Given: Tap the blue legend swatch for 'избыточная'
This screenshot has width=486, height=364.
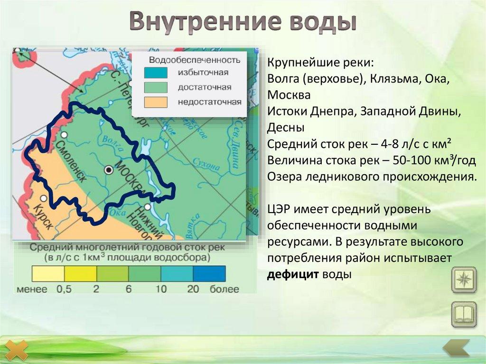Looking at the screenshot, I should coord(156,73).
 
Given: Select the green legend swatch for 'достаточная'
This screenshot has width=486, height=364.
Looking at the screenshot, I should coord(156,87).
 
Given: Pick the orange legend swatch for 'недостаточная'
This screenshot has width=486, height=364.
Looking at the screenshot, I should coord(156,102).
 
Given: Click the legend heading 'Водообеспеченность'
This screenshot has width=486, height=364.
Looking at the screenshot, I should coord(195,60).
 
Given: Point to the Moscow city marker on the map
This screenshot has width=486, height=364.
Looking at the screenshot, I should coord(109,169).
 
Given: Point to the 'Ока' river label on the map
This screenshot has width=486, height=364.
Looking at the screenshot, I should coord(114,214).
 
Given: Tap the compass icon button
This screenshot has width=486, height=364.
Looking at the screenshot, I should coord(463,280).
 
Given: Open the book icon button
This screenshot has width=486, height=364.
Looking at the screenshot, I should coord(463,314).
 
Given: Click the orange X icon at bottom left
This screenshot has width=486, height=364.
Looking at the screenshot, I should coord(15,350).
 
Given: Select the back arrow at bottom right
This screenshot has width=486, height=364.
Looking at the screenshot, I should coord(456,349).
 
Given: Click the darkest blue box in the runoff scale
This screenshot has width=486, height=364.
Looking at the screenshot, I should coord(209,274).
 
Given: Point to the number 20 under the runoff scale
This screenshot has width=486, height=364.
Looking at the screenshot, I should coord(193,289).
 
